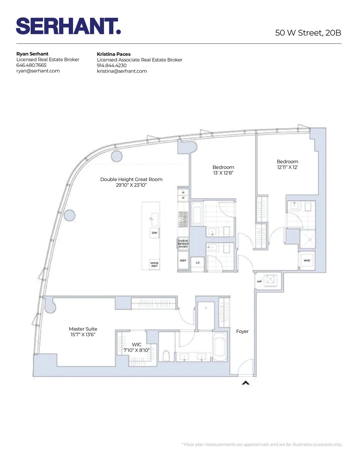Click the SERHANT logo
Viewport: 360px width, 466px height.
[68, 26]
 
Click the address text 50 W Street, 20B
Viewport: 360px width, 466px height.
[308, 33]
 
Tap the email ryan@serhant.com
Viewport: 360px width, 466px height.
[38, 71]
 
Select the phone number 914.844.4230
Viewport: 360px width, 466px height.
[112, 65]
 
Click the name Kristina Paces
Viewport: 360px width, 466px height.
[114, 54]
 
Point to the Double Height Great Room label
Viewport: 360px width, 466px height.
[131, 179]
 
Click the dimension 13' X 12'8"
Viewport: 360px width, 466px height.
[223, 173]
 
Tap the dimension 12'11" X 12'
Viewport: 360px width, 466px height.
[287, 167]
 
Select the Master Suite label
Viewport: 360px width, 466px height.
[83, 329]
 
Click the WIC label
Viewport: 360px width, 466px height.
[136, 344]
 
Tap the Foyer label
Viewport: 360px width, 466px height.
[242, 331]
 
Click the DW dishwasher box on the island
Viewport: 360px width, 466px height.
[154, 233]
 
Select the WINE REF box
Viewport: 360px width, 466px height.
[154, 264]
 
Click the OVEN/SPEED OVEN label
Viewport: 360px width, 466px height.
[183, 244]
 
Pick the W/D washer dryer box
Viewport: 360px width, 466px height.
[307, 260]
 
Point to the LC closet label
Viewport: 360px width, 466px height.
[198, 263]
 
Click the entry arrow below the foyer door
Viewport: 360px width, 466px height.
[246, 383]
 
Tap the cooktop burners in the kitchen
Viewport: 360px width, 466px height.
[183, 219]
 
